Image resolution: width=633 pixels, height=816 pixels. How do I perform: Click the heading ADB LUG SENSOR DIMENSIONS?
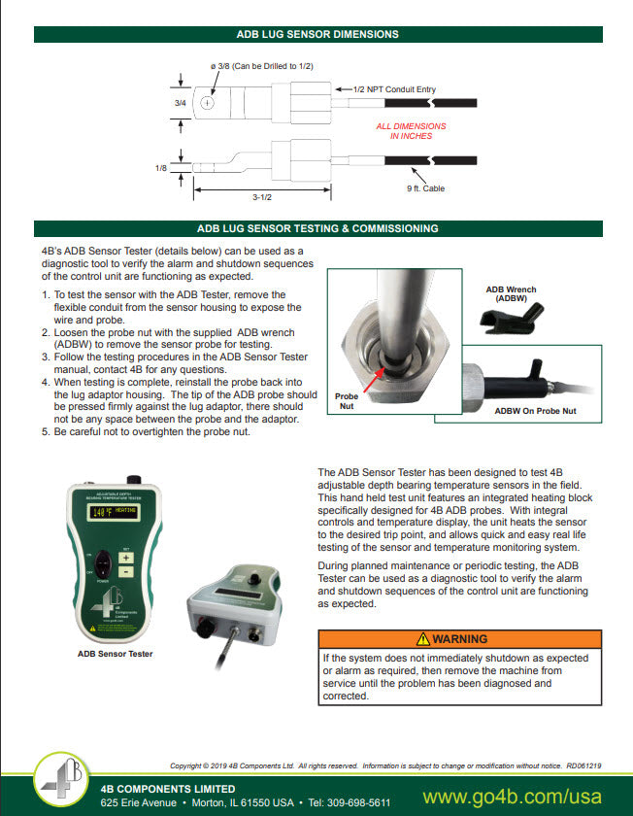click(x=317, y=34)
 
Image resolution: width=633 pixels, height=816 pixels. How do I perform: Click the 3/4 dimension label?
click(x=180, y=102)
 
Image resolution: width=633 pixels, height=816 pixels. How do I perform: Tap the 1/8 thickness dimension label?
click(x=162, y=168)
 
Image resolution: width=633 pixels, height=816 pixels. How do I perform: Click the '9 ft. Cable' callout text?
click(x=425, y=188)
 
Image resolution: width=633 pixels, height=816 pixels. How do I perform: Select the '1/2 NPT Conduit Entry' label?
click(x=389, y=88)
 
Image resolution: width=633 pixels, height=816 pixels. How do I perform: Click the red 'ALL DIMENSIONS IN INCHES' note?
click(x=411, y=131)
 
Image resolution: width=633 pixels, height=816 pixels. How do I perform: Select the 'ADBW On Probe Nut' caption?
click(x=535, y=411)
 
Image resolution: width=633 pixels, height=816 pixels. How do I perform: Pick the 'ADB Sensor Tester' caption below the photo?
click(x=115, y=654)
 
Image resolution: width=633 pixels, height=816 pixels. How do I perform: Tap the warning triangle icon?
click(x=422, y=639)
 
